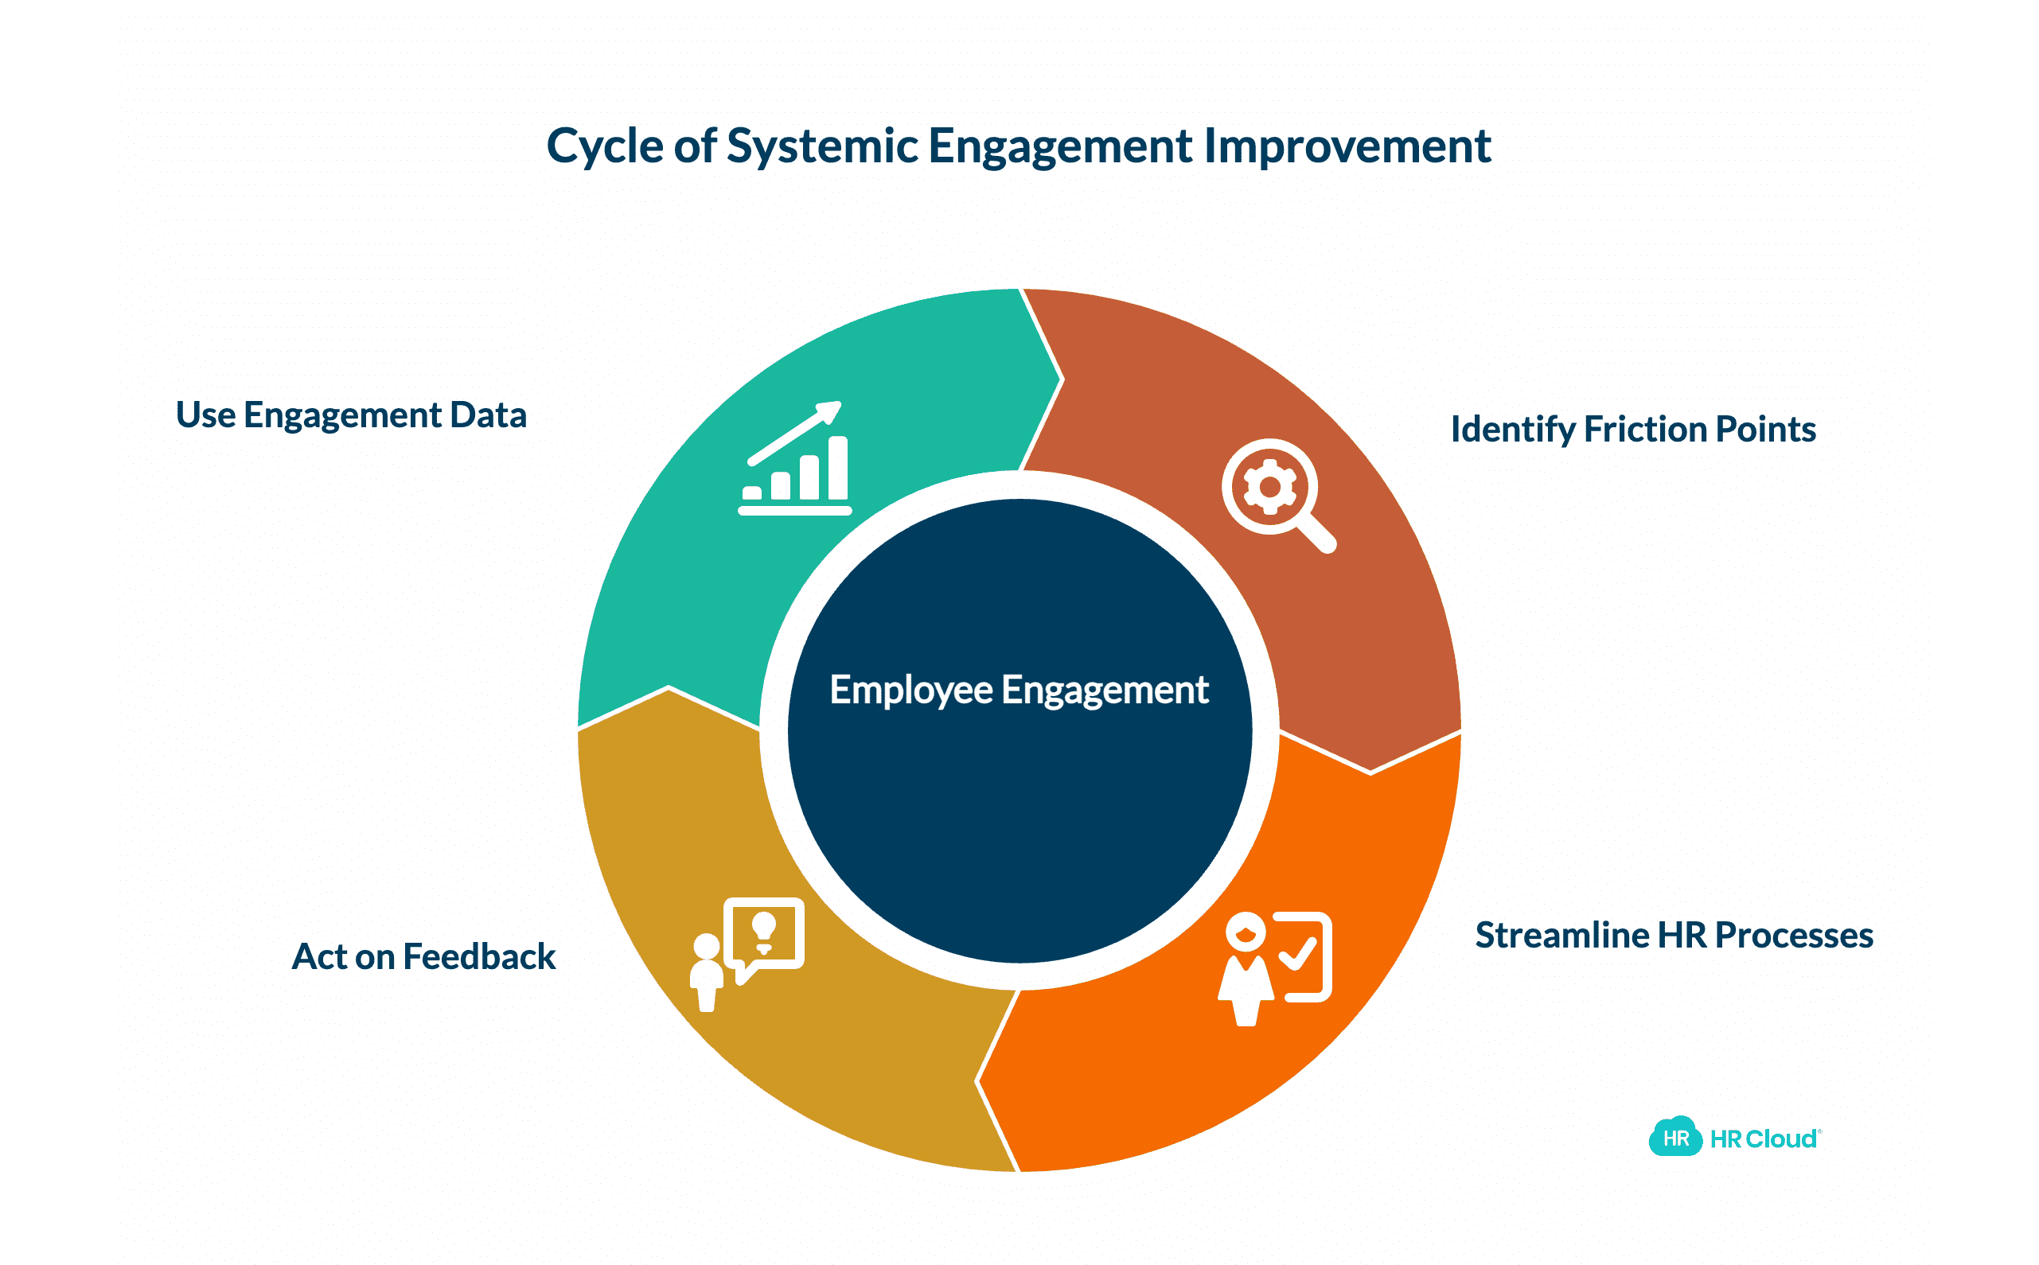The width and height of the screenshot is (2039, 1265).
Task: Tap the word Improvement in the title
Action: [1347, 146]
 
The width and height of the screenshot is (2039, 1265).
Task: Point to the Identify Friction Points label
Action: [1632, 429]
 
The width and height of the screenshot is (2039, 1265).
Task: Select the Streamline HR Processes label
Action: [1674, 936]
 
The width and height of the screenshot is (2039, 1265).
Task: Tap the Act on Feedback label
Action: [423, 957]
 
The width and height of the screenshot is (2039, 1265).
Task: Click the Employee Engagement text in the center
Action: [1018, 691]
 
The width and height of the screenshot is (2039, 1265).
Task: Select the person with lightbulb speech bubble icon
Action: [747, 954]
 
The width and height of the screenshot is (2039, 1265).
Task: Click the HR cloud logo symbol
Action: [1674, 1137]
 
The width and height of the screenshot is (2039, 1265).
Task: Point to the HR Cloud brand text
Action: [1763, 1138]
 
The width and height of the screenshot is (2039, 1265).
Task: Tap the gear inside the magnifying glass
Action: [1269, 487]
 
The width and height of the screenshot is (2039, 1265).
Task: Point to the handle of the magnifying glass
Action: [1320, 534]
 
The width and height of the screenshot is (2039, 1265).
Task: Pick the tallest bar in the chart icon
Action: [837, 468]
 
